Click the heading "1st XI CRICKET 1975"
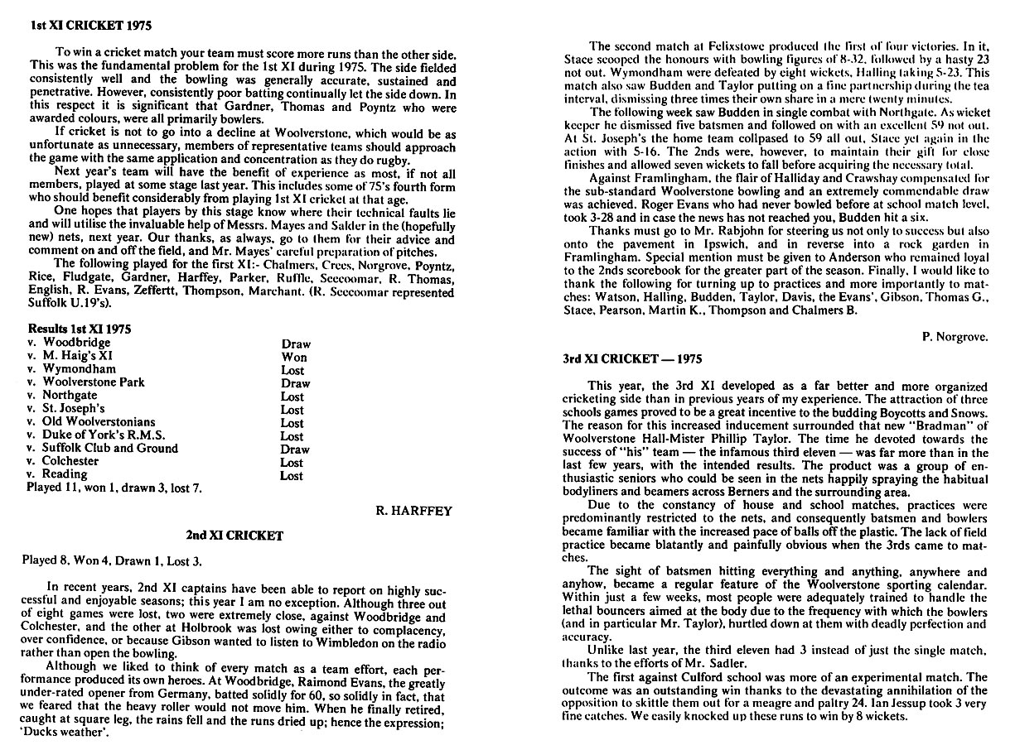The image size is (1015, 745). click(80, 26)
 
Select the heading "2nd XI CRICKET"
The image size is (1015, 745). click(240, 536)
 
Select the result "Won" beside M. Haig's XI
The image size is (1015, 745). click(293, 357)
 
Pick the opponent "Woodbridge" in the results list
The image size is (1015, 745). click(76, 343)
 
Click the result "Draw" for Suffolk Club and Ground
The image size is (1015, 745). click(295, 449)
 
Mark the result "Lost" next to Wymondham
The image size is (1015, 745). click(292, 370)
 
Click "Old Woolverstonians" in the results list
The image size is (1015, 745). click(99, 422)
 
